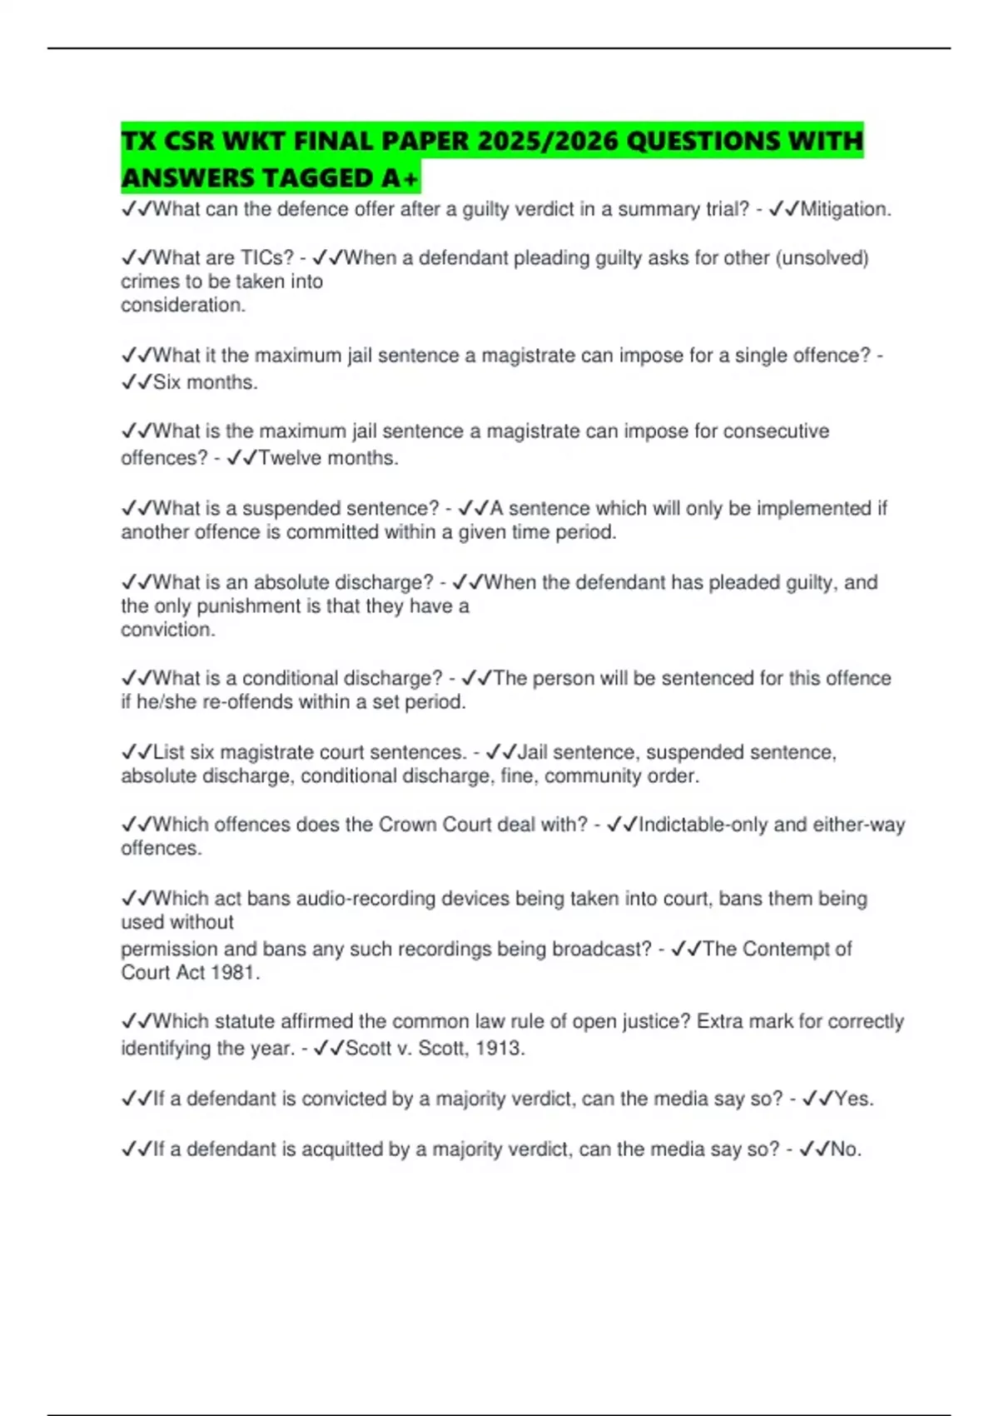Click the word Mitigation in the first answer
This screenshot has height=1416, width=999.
tap(844, 209)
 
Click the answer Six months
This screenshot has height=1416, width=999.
tap(205, 382)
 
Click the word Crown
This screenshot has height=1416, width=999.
tap(407, 825)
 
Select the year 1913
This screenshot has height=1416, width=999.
tap(500, 1049)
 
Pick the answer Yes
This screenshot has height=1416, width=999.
tap(853, 1099)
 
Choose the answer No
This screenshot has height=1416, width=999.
tap(845, 1149)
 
